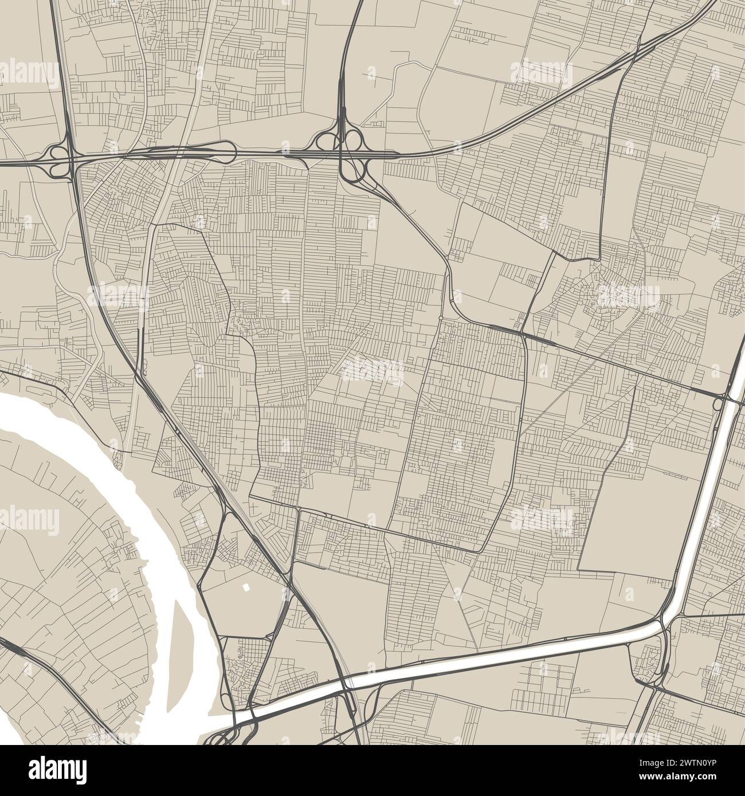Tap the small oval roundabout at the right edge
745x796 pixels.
pos(717,404)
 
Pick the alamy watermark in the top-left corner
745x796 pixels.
pos(29,73)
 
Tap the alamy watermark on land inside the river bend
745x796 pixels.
pos(29,520)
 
